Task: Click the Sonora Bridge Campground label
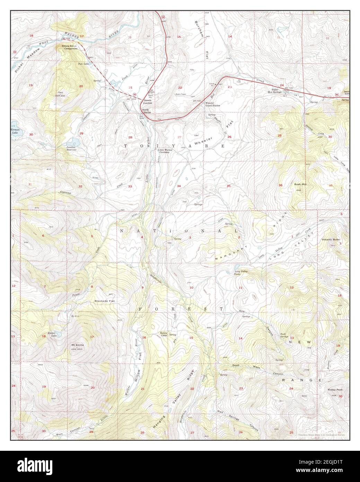pos(69,47)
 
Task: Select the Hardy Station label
pos(147,111)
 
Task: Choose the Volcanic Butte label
pos(330,239)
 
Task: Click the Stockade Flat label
pos(105,301)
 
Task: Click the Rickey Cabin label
pos(164,334)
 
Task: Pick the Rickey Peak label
pos(335,390)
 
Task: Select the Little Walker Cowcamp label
pos(166,151)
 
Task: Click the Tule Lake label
pos(84,64)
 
